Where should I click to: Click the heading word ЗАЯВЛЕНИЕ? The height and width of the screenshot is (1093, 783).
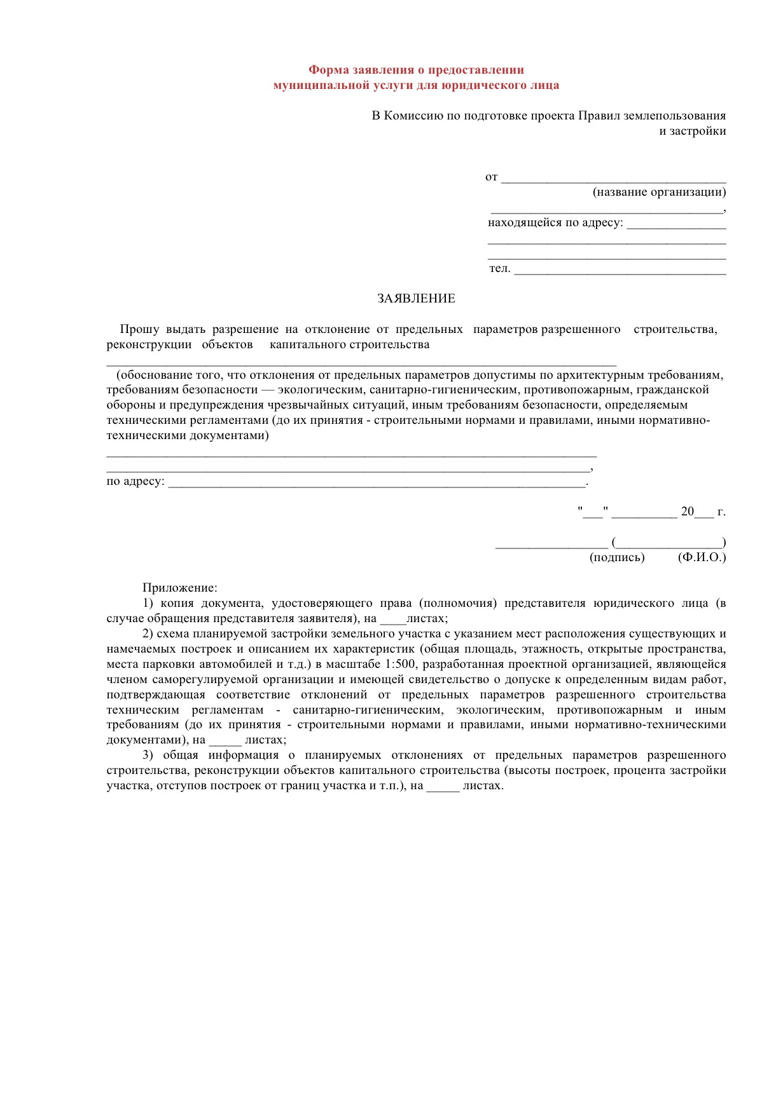(x=416, y=299)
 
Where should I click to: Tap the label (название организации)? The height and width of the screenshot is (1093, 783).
(x=659, y=192)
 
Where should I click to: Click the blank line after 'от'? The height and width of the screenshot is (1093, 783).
(x=614, y=179)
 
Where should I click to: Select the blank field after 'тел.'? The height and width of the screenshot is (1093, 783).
(x=620, y=270)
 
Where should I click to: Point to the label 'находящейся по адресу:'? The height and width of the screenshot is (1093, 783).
(x=555, y=223)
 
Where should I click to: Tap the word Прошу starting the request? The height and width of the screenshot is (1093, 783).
(x=139, y=329)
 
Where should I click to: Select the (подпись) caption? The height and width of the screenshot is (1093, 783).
(x=617, y=557)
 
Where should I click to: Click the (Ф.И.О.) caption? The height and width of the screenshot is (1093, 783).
(x=702, y=557)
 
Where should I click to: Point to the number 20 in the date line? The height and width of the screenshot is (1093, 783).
(x=687, y=512)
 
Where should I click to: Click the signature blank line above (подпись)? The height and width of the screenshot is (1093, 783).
(x=551, y=544)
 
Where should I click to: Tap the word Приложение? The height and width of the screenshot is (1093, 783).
(x=180, y=588)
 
